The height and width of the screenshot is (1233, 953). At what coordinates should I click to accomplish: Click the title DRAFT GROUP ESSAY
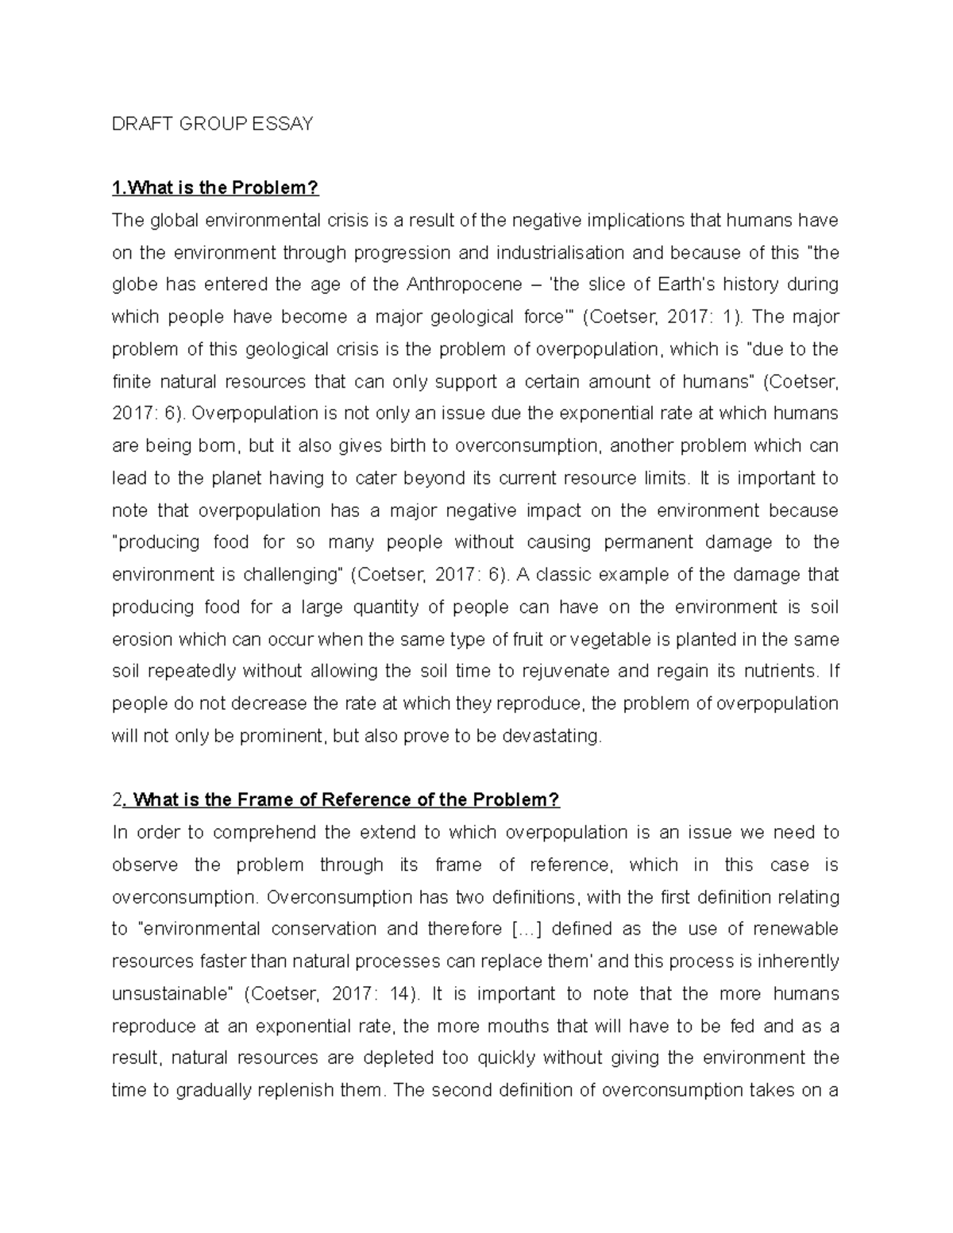pyautogui.click(x=212, y=124)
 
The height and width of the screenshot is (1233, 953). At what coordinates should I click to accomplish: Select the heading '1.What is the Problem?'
pyautogui.click(x=214, y=188)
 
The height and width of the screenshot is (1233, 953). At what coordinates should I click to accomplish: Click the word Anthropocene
pyautogui.click(x=464, y=284)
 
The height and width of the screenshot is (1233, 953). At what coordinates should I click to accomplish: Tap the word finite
pyautogui.click(x=131, y=382)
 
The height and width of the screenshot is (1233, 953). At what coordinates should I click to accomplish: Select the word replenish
pyautogui.click(x=297, y=1090)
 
